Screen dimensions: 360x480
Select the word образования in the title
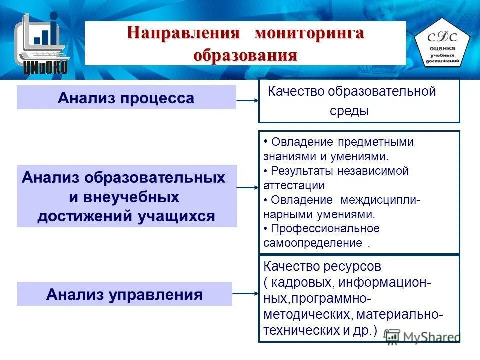click(245, 54)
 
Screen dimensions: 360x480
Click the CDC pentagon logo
click(442, 44)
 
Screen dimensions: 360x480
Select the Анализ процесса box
click(126, 98)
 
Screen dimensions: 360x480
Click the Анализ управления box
click(124, 294)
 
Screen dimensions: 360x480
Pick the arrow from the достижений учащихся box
click(247, 188)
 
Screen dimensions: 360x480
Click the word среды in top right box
click(349, 111)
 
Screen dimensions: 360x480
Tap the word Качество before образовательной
click(296, 91)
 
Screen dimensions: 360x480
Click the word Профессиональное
click(325, 229)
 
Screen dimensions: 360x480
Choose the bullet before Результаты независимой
click(265, 171)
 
